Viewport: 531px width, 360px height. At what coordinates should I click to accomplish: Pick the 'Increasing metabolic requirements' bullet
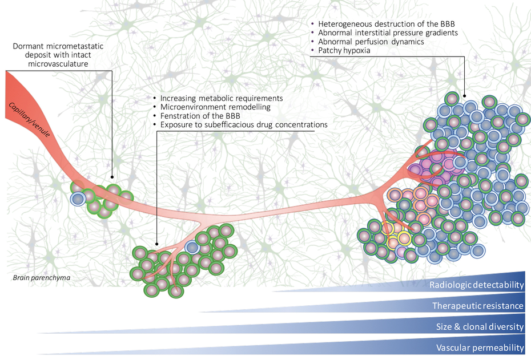pos(222,98)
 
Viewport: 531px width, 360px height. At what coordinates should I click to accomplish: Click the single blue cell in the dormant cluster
pos(78,198)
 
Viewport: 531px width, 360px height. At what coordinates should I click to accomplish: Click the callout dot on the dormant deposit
pos(111,177)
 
